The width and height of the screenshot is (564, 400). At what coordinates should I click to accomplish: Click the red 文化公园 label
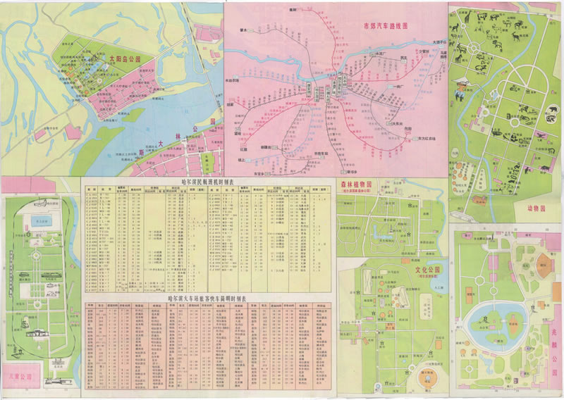tap(425, 270)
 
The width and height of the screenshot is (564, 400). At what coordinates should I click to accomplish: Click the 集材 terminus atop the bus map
tap(294, 9)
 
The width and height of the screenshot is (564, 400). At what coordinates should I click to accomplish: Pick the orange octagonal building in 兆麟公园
tap(544, 265)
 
